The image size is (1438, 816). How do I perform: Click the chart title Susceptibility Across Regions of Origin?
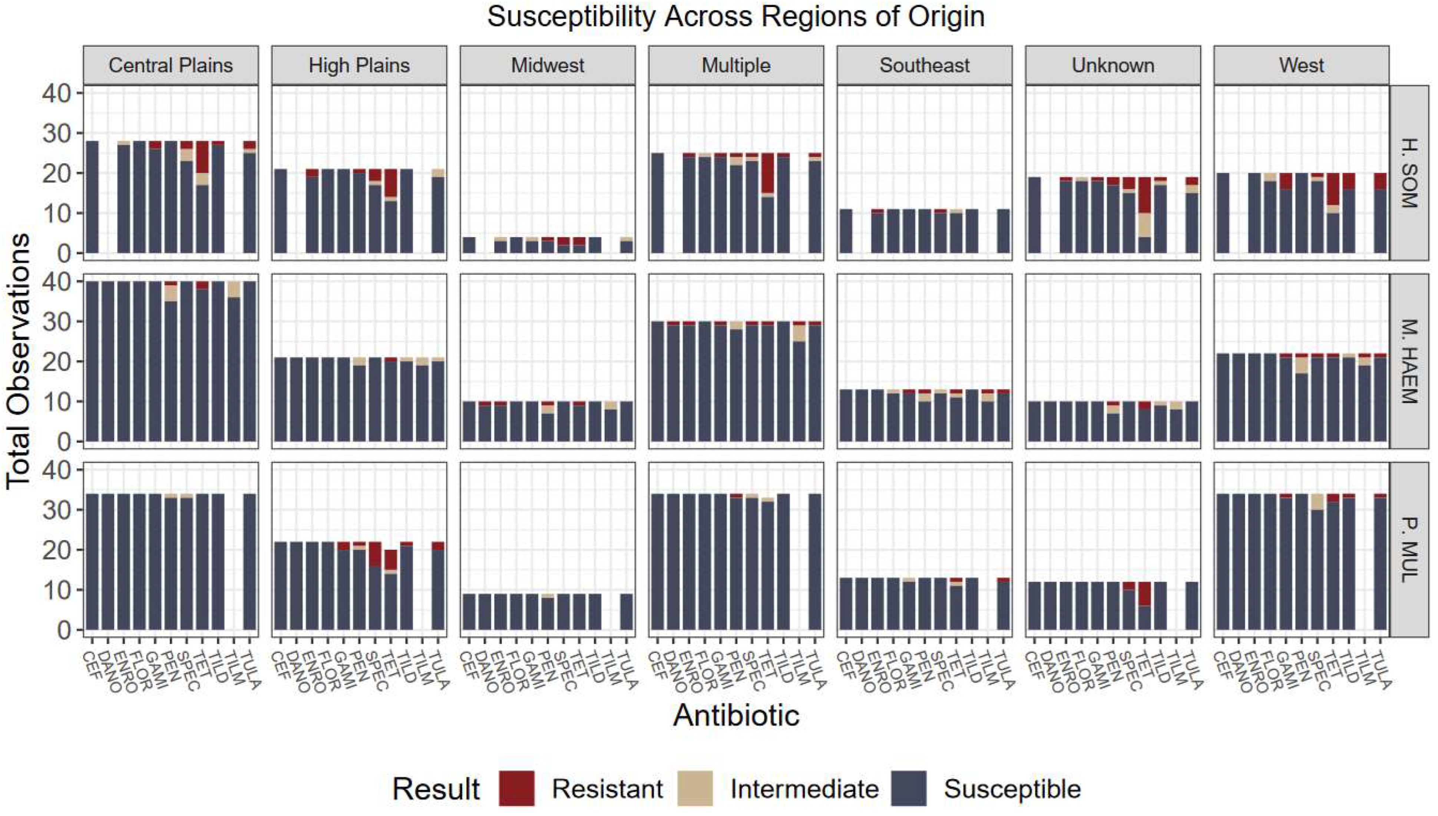[x=735, y=17]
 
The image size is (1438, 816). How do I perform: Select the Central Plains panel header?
[x=171, y=66]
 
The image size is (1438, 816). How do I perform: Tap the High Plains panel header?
[x=359, y=66]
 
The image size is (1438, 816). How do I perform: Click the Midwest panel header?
[x=548, y=66]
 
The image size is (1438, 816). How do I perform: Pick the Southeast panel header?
[x=924, y=66]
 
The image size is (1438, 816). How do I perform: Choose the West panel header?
[x=1301, y=66]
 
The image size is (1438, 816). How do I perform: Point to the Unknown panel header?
[x=1113, y=66]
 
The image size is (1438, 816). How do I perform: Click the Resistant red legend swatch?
[x=516, y=789]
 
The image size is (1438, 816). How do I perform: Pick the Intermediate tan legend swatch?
[x=695, y=789]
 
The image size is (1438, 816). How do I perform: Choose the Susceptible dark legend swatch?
[x=908, y=789]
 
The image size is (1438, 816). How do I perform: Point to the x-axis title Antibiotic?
[x=735, y=716]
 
